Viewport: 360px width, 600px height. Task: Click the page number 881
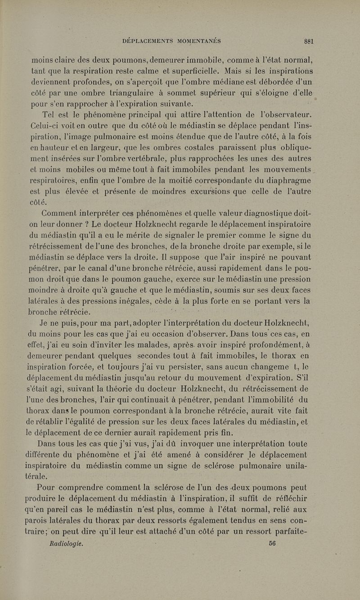coord(308,41)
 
